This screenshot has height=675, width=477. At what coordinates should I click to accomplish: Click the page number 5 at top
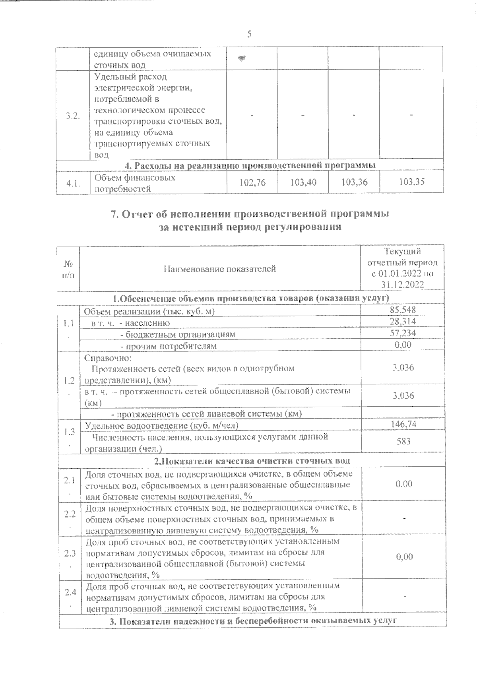[x=249, y=34]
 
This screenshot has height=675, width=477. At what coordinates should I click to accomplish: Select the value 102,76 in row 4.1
[x=252, y=182]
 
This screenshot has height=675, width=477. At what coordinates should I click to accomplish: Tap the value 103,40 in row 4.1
[x=303, y=182]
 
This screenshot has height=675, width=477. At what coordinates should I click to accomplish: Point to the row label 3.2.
[x=72, y=116]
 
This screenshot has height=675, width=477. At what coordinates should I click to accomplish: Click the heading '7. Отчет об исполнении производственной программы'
[x=249, y=214]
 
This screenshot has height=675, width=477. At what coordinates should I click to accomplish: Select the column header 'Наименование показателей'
[x=220, y=269]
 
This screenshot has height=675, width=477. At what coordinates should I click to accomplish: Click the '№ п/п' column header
[x=68, y=269]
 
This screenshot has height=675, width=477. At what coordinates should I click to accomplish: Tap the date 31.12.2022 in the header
[x=403, y=285]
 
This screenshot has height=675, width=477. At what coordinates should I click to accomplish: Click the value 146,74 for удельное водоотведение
[x=403, y=425]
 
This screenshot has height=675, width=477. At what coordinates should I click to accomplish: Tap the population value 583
[x=403, y=441]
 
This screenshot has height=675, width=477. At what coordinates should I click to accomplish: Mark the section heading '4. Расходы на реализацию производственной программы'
[x=250, y=164]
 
